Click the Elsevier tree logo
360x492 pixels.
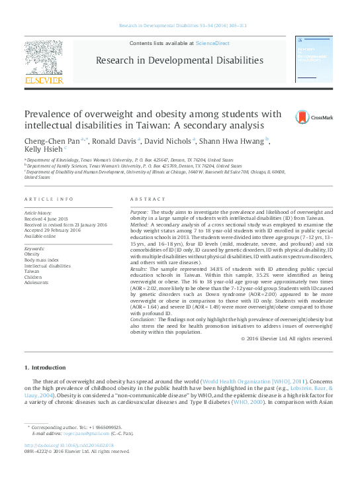pos(45,60)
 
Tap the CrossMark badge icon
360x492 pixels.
pos(304,118)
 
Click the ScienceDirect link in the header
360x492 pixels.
pos(212,43)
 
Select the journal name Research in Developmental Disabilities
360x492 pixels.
pos(179,61)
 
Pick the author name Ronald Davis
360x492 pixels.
pos(114,140)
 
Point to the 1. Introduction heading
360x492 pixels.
pos(45,368)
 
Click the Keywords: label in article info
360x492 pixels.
pos(34,248)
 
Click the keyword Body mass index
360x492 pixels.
pos(42,259)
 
